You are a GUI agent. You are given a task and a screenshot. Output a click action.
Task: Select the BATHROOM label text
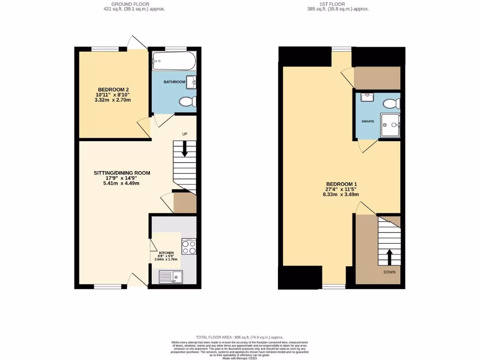click(x=174, y=82)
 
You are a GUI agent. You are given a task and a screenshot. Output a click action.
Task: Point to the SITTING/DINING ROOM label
click(x=122, y=173)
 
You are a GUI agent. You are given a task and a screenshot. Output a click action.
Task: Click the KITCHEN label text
click(x=166, y=253)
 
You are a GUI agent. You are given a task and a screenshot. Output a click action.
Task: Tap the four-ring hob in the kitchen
click(x=188, y=247)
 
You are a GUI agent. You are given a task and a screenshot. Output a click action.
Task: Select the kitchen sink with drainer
click(x=171, y=277)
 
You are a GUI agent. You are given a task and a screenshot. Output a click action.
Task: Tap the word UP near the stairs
click(x=185, y=134)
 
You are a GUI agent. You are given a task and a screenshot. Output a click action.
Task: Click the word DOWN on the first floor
click(x=389, y=272)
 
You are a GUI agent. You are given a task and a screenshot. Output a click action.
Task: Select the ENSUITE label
click(x=368, y=121)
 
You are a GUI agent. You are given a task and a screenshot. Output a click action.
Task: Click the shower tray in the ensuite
click(x=390, y=125)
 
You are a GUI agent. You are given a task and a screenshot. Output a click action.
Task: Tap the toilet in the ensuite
click(x=390, y=103)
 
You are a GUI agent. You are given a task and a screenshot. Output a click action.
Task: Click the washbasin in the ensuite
click(x=367, y=97)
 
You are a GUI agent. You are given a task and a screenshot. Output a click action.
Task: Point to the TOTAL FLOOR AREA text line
click(x=240, y=337)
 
